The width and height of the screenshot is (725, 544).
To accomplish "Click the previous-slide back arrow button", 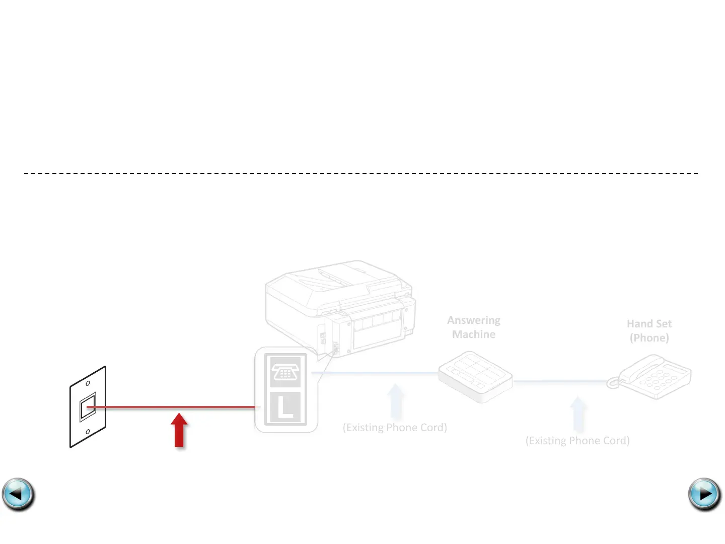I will pos(18,494).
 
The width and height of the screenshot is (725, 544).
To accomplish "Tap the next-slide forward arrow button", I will pos(704,494).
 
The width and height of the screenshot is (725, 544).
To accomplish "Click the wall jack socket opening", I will pos(88,406).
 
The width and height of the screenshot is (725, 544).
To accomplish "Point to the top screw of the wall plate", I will pos(88,384).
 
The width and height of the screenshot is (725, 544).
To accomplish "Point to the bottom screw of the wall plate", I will pos(88,432).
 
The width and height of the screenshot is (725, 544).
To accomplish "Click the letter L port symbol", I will pos(285,407).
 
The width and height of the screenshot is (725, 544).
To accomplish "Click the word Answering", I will pos(474,320).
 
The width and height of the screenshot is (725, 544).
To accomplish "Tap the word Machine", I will pos(474,334).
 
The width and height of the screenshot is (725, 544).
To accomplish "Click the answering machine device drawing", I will pos(475,376).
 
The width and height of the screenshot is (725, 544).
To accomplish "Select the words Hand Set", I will pos(649,324).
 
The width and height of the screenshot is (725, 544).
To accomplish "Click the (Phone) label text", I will pos(649,338).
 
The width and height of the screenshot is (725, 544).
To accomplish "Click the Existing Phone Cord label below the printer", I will pos(395,428).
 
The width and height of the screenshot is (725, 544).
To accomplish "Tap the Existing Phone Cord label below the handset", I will pos(577,441).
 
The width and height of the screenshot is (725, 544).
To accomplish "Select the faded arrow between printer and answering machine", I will pos(396,401).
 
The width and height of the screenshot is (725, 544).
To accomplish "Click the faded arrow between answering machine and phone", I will pos(578,414).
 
